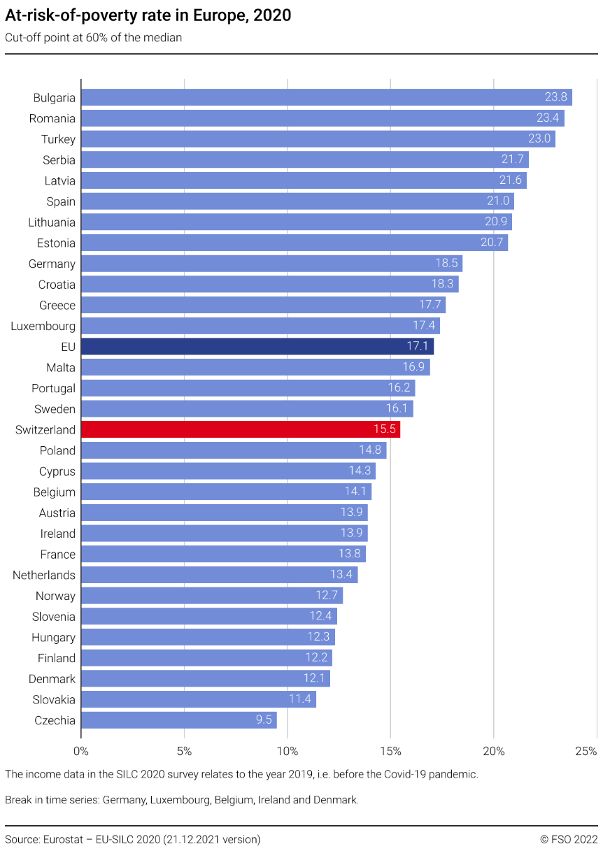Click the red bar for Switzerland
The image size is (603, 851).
pos(240,429)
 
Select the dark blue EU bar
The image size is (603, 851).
pos(257,346)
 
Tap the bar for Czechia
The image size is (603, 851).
pos(178,720)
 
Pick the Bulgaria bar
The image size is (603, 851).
pos(326,97)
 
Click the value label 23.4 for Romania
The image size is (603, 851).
pos(548,118)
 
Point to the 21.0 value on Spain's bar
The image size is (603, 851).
pos(499,201)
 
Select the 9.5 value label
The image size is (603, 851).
pos(264,720)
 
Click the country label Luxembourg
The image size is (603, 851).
pos(43,326)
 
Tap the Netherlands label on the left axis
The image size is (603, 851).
pos(44,575)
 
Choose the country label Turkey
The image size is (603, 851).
pos(58,139)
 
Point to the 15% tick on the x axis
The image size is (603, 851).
pos(390,752)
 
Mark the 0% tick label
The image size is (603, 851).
pos(81,752)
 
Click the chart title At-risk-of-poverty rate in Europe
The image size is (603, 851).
pos(148,15)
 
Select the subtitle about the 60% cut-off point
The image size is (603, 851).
pos(94,38)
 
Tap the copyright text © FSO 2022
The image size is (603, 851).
pos(568,839)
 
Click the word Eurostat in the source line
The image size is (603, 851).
pos(66,839)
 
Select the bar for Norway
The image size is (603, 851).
pos(211,596)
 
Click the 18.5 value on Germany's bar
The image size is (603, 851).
pos(447,264)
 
